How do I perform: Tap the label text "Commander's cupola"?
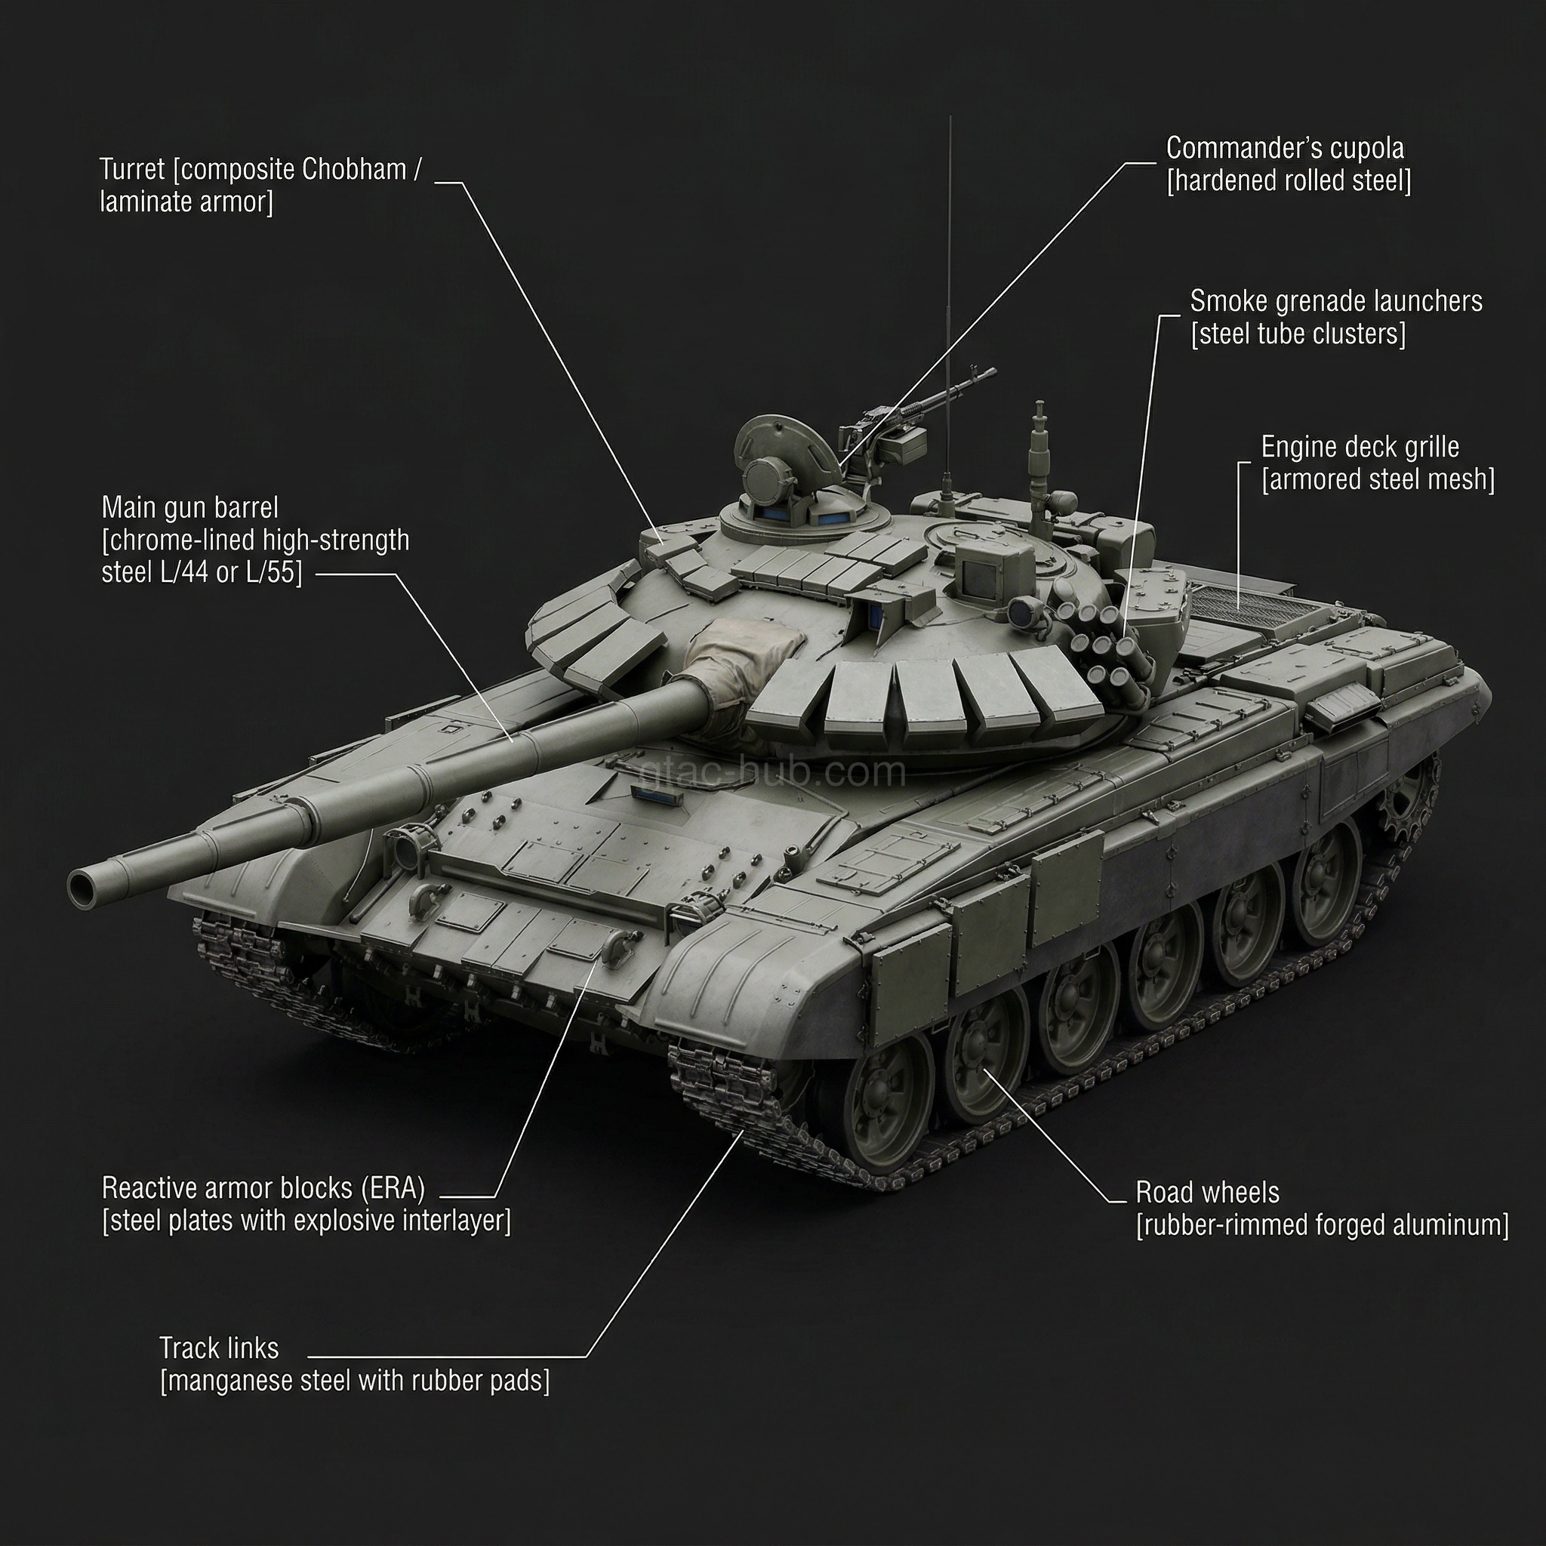point(1284,148)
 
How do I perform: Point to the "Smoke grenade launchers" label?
point(1335,302)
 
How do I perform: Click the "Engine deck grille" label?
point(1360,448)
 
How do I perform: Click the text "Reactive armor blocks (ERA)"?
point(263,1188)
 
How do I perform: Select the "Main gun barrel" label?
point(189,508)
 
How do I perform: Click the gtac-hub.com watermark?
point(775,772)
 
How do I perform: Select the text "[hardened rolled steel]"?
point(1289,181)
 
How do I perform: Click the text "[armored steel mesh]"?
point(1377,480)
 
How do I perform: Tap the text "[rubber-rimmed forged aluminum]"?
point(1322,1225)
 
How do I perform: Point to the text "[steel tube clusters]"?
point(1297,334)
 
